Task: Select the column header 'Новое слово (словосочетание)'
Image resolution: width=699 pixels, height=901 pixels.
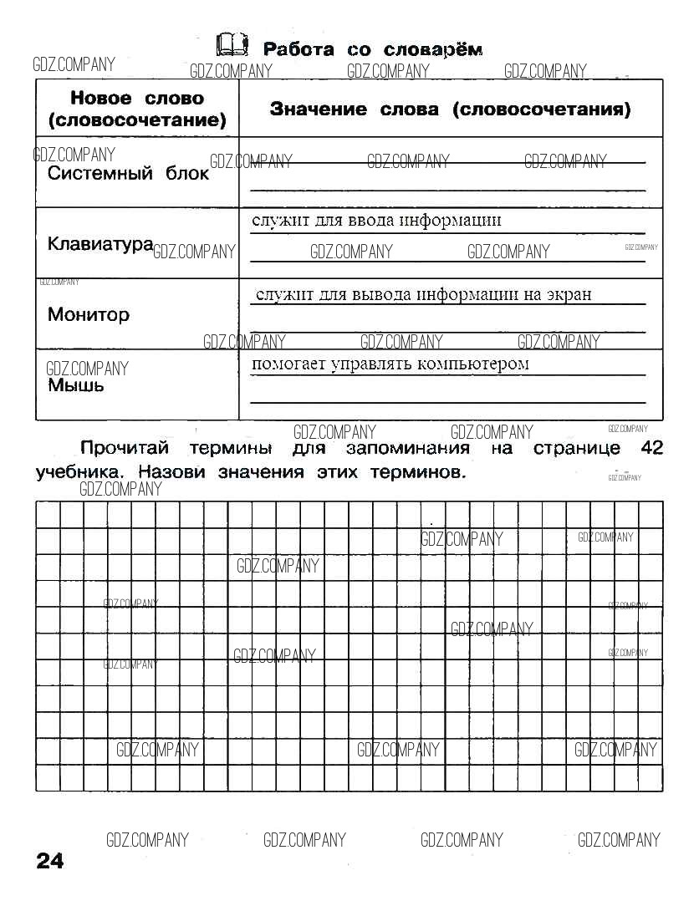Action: pyautogui.click(x=137, y=109)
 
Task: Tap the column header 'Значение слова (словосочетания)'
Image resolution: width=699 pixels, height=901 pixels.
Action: pyautogui.click(x=450, y=109)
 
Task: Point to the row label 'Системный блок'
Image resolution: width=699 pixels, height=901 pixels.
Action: pyautogui.click(x=128, y=174)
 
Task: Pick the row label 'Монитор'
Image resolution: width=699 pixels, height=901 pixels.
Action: pyautogui.click(x=89, y=315)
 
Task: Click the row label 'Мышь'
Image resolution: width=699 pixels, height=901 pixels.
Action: pyautogui.click(x=76, y=385)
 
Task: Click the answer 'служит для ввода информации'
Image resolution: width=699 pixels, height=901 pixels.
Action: pyautogui.click(x=376, y=221)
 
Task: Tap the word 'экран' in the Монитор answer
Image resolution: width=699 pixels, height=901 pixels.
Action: pyautogui.click(x=569, y=294)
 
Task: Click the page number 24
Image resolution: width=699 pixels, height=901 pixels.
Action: pyautogui.click(x=50, y=861)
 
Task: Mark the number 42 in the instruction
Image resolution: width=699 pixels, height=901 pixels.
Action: pyautogui.click(x=651, y=448)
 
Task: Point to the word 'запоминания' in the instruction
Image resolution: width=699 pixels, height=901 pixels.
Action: pyautogui.click(x=408, y=449)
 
